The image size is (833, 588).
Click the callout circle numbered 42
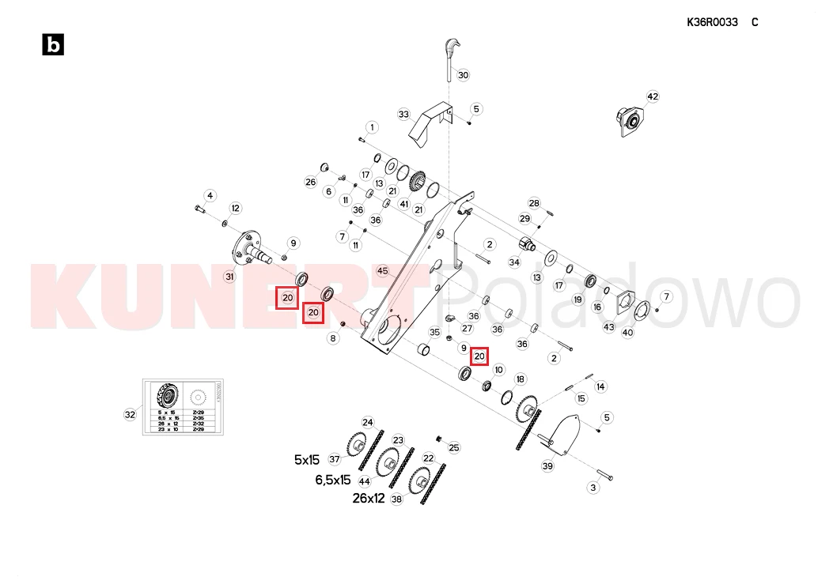click(653, 96)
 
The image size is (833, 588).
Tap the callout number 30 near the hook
click(464, 75)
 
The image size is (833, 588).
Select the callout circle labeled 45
click(383, 271)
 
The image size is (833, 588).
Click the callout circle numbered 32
click(131, 413)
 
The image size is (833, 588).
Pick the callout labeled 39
click(547, 466)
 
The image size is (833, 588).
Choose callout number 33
click(403, 115)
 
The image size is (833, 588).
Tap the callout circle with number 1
click(371, 127)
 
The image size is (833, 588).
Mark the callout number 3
click(593, 488)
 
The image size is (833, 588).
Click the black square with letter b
click(53, 45)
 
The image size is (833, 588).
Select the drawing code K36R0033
click(712, 22)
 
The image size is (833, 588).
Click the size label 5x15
click(307, 459)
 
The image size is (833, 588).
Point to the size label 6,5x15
click(332, 480)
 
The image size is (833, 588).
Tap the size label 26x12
click(369, 499)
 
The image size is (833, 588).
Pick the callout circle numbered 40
click(627, 333)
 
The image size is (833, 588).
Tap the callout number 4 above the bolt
click(210, 195)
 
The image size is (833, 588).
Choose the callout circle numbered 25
click(453, 447)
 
